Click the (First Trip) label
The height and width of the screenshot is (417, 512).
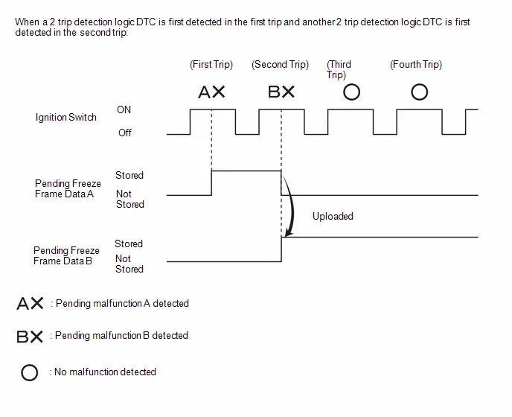coord(211,64)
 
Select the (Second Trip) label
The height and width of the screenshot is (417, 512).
coord(280,64)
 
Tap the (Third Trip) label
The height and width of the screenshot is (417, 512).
coord(339,69)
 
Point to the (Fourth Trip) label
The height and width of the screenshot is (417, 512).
coord(416,64)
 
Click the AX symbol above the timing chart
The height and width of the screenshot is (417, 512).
coord(211,92)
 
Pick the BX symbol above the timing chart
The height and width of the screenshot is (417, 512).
coord(281,92)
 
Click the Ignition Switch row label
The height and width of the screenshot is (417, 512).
coord(66,118)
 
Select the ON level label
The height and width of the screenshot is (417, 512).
coord(124,109)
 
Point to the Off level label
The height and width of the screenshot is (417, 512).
coord(125,133)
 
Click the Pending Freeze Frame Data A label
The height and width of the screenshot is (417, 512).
coord(68,188)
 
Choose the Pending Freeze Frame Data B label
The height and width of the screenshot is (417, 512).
coord(66,255)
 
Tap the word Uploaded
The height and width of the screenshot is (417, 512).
coord(333,217)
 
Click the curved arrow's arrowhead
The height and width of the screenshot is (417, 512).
coord(288,233)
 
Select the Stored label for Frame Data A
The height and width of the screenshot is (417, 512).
coord(129,175)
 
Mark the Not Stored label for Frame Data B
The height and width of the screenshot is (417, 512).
coord(129,264)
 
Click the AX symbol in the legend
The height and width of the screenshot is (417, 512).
coord(30,303)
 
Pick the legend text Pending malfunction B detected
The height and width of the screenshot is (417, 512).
coord(121,336)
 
